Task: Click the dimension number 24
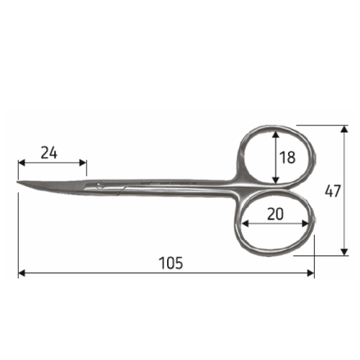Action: point(49,153)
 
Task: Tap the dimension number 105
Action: point(171,263)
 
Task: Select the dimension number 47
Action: point(333,191)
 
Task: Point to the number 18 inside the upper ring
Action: point(287,158)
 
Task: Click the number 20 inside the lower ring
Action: point(275,214)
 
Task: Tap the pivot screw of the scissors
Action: point(99,185)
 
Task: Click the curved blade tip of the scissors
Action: point(17,182)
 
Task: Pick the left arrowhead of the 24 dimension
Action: point(22,163)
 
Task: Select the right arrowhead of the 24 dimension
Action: point(83,163)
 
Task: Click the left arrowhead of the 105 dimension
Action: point(22,273)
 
